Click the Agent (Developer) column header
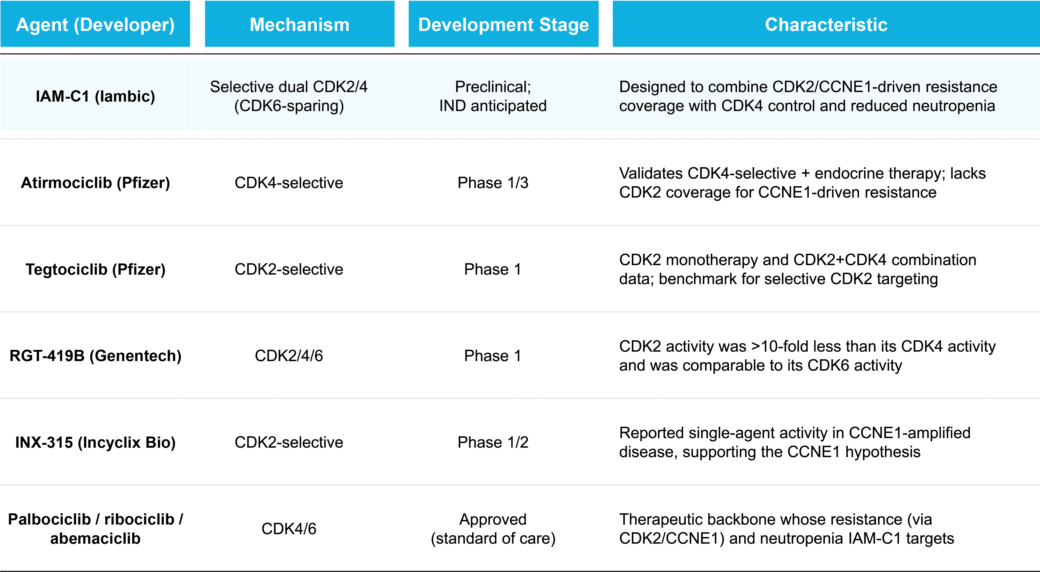click(95, 25)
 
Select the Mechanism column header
click(300, 25)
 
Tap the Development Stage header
click(503, 25)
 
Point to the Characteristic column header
click(826, 25)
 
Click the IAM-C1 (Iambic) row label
click(95, 97)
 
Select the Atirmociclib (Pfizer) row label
click(95, 183)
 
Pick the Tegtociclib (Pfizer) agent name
click(95, 269)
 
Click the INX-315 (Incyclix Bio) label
click(95, 442)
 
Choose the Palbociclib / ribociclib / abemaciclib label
click(95, 529)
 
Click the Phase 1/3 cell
click(493, 183)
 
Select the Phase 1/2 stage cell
click(493, 442)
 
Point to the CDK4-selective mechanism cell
click(289, 183)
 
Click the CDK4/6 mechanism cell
click(289, 529)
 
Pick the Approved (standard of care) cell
click(493, 529)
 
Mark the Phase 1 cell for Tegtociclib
click(493, 269)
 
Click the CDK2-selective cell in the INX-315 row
click(289, 442)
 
